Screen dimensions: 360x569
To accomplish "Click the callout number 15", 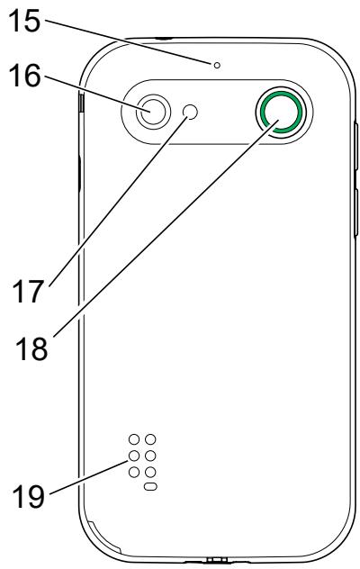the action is [24, 21].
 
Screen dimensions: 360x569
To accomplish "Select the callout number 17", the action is [28, 292].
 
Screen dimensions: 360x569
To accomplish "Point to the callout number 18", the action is [31, 348].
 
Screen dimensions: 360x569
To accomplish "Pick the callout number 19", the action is [29, 496].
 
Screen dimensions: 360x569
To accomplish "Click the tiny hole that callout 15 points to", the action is [217, 66].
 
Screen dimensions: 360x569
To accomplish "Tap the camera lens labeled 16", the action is [153, 112].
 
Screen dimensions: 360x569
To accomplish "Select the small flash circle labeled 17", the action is [191, 112].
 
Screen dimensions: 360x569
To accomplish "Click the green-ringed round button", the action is [279, 112].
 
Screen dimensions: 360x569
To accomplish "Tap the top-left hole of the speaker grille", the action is [134, 439].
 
